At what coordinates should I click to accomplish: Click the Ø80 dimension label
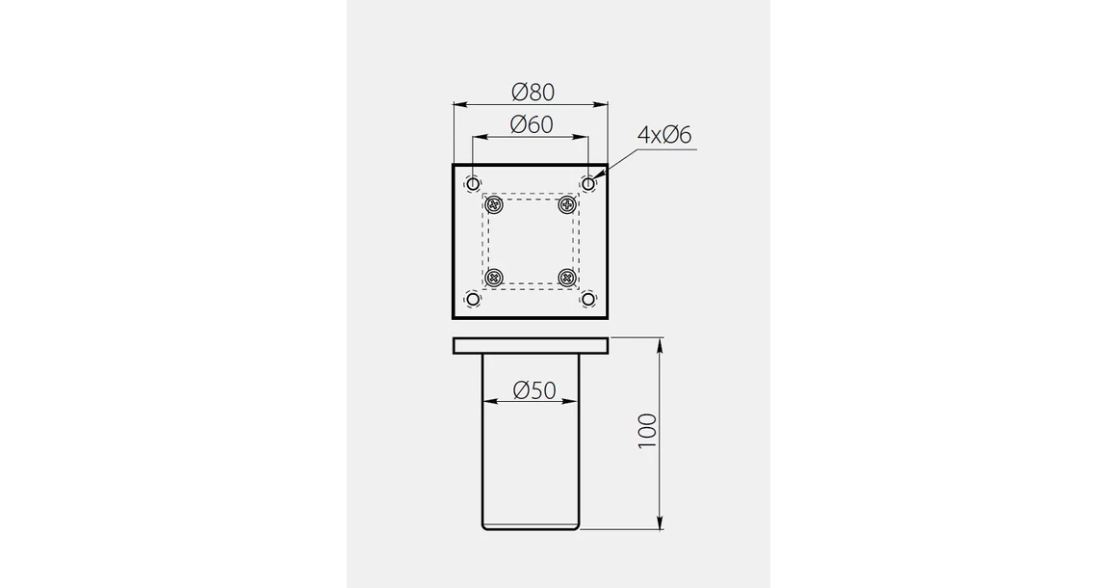pyautogui.click(x=533, y=93)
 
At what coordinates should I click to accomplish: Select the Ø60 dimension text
pyautogui.click(x=531, y=125)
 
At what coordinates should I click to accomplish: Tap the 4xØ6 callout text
pyautogui.click(x=664, y=135)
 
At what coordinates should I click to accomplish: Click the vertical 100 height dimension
pyautogui.click(x=648, y=430)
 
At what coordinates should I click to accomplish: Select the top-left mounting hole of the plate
pyautogui.click(x=473, y=183)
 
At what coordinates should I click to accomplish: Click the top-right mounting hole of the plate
pyautogui.click(x=587, y=183)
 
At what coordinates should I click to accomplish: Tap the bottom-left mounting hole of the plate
pyautogui.click(x=473, y=299)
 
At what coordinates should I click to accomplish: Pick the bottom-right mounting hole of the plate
pyautogui.click(x=587, y=299)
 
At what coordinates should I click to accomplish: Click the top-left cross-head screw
pyautogui.click(x=496, y=205)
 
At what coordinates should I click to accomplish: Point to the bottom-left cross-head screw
pyautogui.click(x=496, y=278)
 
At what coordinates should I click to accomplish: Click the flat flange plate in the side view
pyautogui.click(x=531, y=345)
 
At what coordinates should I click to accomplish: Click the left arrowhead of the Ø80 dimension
pyautogui.click(x=458, y=103)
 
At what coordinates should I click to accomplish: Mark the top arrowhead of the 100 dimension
pyautogui.click(x=660, y=344)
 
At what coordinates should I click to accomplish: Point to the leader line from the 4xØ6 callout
pyautogui.click(x=616, y=162)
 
